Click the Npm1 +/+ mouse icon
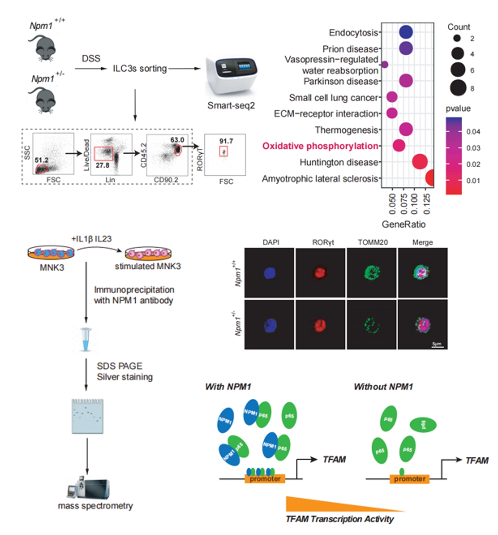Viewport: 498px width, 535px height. (44, 47)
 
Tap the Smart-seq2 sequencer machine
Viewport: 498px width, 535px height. (231, 76)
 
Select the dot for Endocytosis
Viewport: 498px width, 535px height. (405, 32)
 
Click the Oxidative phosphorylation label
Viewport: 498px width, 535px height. (320, 146)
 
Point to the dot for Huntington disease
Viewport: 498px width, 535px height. (419, 162)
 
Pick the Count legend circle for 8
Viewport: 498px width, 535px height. (458, 88)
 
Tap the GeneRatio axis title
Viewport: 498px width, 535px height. (403, 224)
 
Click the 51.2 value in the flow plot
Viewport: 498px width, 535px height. (41, 160)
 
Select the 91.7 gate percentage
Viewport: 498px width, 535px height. (226, 141)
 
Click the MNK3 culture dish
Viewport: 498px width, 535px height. (51, 252)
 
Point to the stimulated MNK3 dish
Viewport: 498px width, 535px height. (148, 253)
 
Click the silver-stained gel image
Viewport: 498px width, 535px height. (88, 416)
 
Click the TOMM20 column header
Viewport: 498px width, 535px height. (372, 242)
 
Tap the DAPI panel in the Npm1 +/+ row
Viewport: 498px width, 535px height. (269, 273)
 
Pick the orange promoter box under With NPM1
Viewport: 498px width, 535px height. (265, 479)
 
